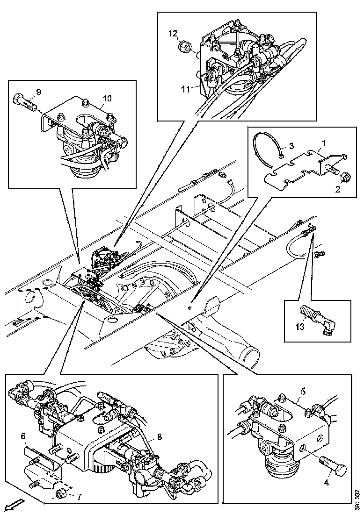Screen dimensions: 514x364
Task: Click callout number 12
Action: (x=173, y=33)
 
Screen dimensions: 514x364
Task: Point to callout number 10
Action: (x=107, y=98)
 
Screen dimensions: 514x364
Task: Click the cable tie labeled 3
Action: (x=266, y=148)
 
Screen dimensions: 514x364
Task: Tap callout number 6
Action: (x=22, y=436)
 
